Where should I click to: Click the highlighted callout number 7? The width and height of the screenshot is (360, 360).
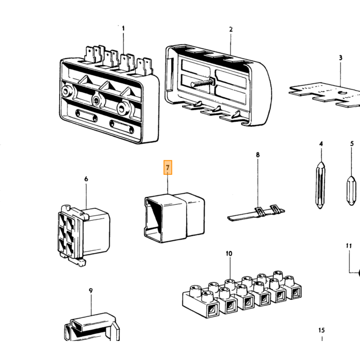point(168,167)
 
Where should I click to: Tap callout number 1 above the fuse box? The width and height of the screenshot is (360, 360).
point(123,28)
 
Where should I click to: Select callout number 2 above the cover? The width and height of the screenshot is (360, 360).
point(231,29)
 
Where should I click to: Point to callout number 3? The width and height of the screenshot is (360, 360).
point(340,58)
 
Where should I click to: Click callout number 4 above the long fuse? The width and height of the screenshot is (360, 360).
point(321,144)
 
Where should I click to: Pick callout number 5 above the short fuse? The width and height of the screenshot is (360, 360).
point(352,144)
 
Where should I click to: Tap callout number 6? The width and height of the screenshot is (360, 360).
point(86,179)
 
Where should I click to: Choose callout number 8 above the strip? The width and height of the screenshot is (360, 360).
point(258,155)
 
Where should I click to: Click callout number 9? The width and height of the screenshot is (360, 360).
point(91,291)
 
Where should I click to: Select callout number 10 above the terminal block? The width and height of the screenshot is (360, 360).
point(229,254)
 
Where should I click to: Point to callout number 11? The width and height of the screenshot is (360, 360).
point(349,246)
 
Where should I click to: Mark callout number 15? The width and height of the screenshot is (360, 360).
point(321,330)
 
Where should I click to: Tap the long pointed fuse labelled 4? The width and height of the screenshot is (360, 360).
point(320,185)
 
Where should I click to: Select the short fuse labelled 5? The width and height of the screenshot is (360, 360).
point(351,191)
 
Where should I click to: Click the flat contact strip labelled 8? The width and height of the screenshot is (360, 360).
point(256,213)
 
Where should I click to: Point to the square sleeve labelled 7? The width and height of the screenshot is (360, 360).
point(174,218)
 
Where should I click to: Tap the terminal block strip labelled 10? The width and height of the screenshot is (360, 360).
point(242,295)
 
